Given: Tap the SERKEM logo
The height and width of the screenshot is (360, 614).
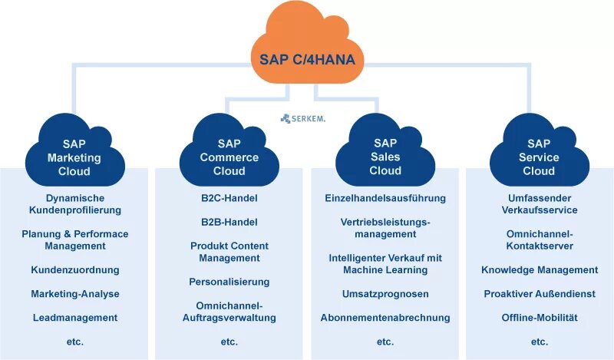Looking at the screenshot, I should click(x=303, y=118).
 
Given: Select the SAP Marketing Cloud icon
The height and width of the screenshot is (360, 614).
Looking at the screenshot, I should click(x=74, y=154).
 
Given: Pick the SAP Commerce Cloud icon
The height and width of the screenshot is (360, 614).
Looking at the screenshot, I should click(x=229, y=154).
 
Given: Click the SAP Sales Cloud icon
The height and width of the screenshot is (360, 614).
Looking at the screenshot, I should click(x=385, y=154).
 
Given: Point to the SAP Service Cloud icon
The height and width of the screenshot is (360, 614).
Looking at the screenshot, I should click(x=539, y=154).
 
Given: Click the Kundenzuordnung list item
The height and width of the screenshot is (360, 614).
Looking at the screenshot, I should click(x=75, y=270).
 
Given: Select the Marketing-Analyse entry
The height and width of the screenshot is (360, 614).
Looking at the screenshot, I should click(x=75, y=294).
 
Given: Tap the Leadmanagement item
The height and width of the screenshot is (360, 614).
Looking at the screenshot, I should click(x=75, y=317).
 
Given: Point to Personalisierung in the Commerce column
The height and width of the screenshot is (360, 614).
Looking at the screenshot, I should click(x=229, y=282).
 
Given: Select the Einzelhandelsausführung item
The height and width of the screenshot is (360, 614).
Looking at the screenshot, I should click(x=385, y=198).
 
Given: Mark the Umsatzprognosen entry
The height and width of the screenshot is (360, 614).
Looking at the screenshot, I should click(x=385, y=294).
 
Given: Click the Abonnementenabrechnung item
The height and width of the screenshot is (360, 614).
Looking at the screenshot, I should click(x=385, y=317).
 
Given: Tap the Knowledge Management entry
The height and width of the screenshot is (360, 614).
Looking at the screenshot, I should click(x=540, y=270).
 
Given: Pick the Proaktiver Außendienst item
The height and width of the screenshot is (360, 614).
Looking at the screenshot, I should click(x=540, y=294).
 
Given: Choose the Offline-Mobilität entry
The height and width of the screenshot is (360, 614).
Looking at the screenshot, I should click(x=540, y=317).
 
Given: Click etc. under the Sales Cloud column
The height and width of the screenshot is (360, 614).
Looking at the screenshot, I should click(x=385, y=342).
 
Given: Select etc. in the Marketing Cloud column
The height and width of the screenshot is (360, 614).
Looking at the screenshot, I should click(x=75, y=342).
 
